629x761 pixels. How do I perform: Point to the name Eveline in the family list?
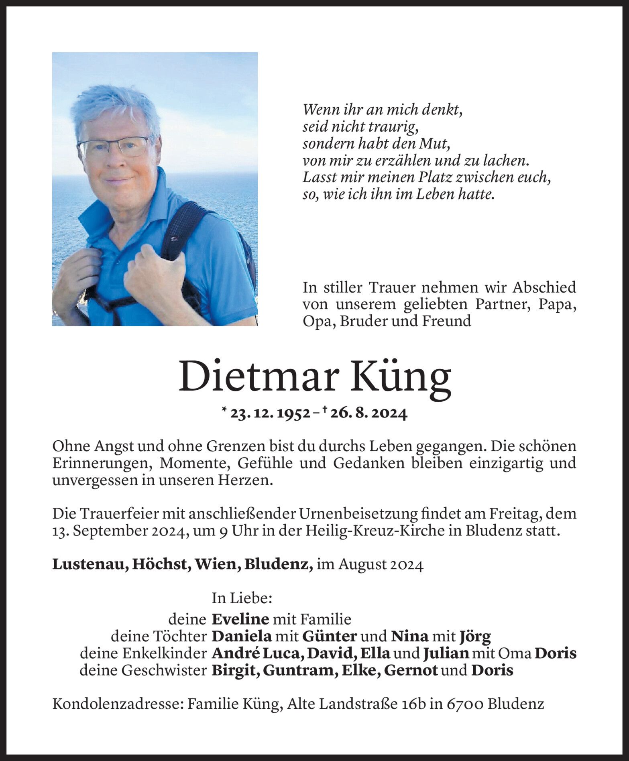tap(240, 619)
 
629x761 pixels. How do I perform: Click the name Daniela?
tap(242, 637)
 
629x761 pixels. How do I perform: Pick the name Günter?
tap(329, 637)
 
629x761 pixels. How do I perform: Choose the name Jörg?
tap(475, 637)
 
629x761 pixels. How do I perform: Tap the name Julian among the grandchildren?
tap(446, 653)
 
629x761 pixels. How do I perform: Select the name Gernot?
tap(411, 671)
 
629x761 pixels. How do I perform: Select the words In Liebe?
tap(242, 598)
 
